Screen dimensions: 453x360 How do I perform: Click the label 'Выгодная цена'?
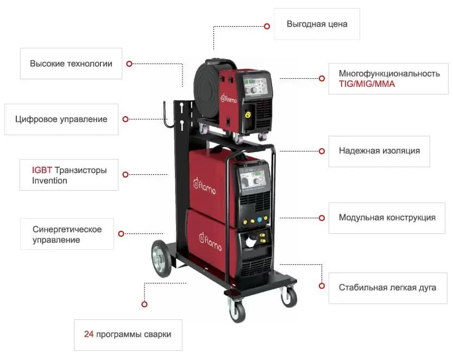point(317,24)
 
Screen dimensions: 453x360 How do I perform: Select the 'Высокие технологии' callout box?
point(71,64)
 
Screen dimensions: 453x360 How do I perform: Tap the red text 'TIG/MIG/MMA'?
point(367,84)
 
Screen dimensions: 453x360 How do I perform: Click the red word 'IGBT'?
point(42,170)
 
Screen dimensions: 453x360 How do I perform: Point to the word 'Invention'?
point(49,181)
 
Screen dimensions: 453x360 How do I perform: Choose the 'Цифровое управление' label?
point(61,119)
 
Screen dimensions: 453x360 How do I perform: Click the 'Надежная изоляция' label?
point(379,151)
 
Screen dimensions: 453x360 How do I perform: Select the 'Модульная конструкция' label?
point(387,217)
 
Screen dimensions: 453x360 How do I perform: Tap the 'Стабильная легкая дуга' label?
point(387,288)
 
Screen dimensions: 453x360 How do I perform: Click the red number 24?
point(89,334)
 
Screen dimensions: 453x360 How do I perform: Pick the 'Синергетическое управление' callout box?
point(67,234)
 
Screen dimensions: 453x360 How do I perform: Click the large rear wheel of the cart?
point(162,258)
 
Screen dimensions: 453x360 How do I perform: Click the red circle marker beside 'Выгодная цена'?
point(267,26)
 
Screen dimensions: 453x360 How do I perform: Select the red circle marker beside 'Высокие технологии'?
point(129,64)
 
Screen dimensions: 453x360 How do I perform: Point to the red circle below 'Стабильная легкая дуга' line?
point(322,286)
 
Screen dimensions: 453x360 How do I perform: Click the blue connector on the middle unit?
point(260,219)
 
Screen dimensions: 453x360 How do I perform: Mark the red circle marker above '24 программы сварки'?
point(144,304)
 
